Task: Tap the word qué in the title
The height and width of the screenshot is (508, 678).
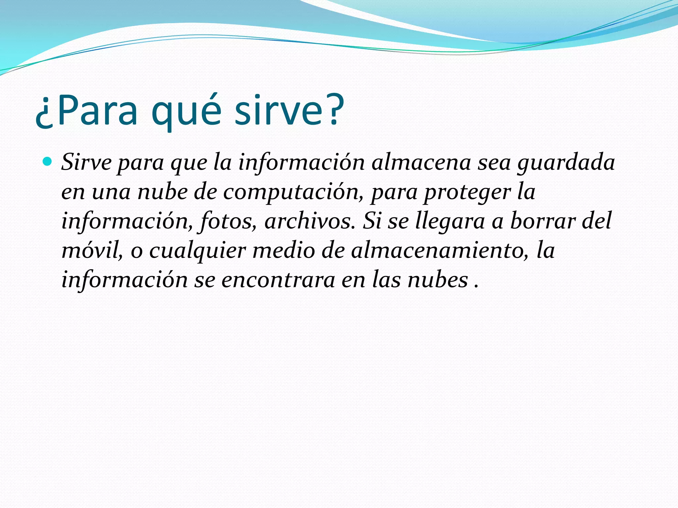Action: tap(186, 111)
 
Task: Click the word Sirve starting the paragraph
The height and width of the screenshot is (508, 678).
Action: tap(86, 163)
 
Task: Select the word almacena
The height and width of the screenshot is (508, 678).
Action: tap(420, 163)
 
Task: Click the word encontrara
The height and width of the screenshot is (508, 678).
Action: tap(278, 280)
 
